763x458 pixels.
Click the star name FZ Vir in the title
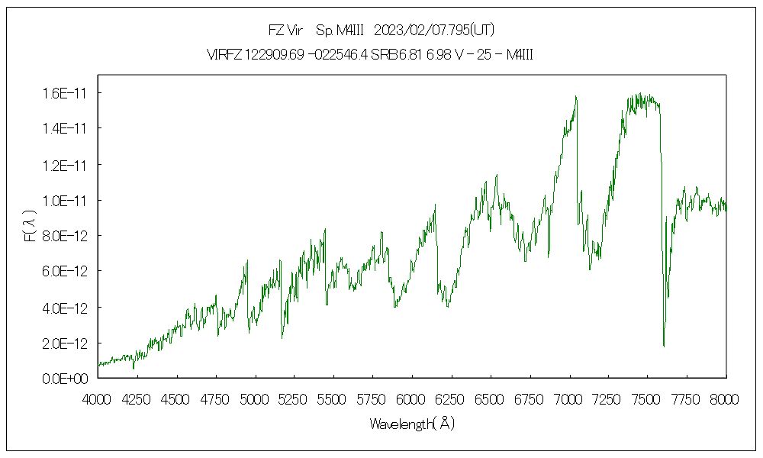tap(285, 31)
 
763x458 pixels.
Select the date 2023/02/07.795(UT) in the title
tap(435, 31)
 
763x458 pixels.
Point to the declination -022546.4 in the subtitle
tap(336, 54)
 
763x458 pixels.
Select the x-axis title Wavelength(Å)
tap(412, 423)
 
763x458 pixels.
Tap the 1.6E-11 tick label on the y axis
tap(66, 93)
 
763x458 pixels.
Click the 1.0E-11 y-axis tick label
tap(66, 200)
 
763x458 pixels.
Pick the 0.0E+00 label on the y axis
tap(66, 379)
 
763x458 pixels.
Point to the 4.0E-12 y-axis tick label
tap(66, 308)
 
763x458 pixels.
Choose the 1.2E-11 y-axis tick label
tap(66, 165)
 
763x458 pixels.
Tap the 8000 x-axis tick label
tap(725, 398)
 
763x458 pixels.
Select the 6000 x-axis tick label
tap(411, 398)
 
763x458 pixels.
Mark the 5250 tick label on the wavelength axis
tap(294, 398)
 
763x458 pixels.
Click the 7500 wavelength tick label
tap(646, 398)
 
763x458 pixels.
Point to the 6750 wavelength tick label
tap(529, 398)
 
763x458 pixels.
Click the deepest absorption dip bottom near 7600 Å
tap(664, 346)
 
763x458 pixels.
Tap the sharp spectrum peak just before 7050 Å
tap(575, 96)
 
